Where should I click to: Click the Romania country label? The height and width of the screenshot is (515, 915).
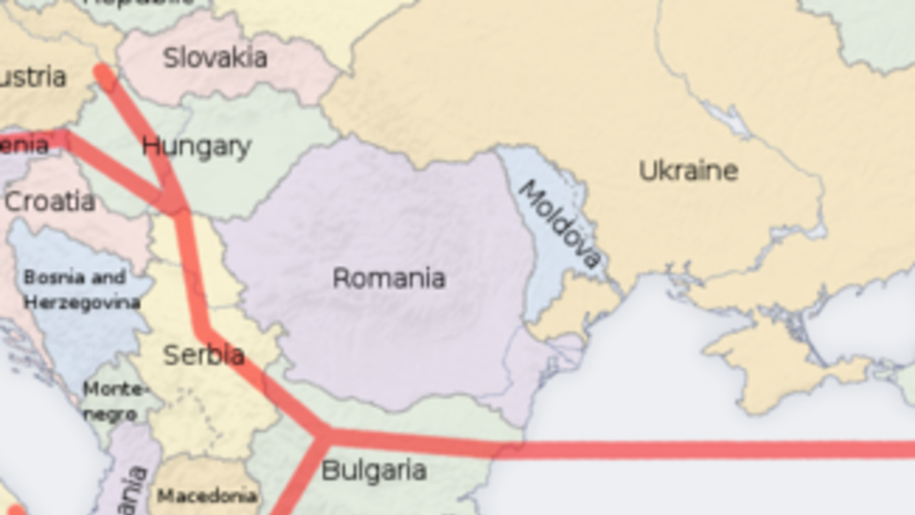point(388,278)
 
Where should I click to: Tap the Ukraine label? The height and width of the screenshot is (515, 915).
point(688,172)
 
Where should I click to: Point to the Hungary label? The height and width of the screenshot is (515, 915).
point(196,147)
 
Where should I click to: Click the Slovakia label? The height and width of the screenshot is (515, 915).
point(214,58)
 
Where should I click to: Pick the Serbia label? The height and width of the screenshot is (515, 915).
point(203,356)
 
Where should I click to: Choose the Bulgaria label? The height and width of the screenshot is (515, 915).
point(373,470)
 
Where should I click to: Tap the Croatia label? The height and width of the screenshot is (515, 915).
point(50,201)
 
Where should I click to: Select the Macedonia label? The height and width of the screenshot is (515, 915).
point(207,496)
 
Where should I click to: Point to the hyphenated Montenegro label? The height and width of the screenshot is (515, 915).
point(112,402)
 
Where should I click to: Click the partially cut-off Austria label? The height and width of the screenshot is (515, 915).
point(32,76)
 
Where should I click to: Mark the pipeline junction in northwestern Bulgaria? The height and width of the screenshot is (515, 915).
point(322,437)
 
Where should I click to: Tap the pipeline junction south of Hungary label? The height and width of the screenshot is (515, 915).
point(174,202)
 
